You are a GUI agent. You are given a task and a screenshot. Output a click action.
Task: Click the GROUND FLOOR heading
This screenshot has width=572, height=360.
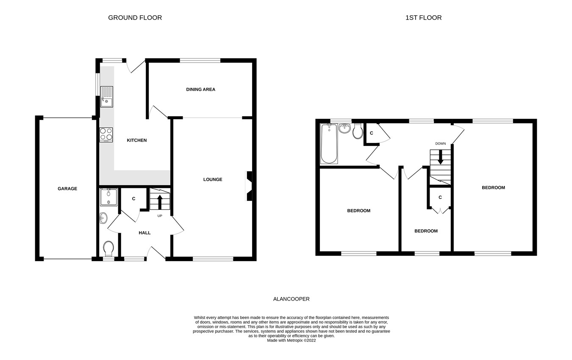pos(135,18)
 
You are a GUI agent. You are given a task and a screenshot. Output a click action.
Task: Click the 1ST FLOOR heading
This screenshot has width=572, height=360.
pos(423,18)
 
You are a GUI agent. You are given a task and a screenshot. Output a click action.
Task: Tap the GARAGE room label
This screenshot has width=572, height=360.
pos(67,189)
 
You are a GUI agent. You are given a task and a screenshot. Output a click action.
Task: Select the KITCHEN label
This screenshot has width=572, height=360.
pos(137,140)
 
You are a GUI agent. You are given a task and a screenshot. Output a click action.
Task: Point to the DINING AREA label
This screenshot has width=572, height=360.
pos(201,89)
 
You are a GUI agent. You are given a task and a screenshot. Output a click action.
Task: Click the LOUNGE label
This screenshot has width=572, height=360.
pos(213,179)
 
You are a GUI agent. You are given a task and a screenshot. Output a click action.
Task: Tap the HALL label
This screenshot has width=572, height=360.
pos(144,233)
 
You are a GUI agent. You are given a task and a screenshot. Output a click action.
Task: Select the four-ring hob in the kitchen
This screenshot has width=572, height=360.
pos(106,134)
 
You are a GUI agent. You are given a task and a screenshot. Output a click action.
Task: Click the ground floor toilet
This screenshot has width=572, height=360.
pos(108,248)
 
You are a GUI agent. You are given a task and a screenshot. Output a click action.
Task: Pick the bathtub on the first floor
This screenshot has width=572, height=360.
pos(329,143)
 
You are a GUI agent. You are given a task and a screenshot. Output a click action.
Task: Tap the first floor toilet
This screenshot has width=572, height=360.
pos(358,131)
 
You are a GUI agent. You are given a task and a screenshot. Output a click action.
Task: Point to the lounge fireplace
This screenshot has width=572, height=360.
pos(249,186)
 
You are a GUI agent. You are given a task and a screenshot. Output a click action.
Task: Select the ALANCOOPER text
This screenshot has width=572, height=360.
pos(291,299)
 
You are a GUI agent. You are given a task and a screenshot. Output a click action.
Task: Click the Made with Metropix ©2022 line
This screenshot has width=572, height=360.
pos(291,340)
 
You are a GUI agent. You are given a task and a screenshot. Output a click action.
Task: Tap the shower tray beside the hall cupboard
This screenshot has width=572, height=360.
pos(108,197)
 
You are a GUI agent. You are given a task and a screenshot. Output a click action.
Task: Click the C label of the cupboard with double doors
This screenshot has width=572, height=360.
pos(440,198)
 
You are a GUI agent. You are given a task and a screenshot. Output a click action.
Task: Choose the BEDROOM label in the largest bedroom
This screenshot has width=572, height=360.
pos(493,188)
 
